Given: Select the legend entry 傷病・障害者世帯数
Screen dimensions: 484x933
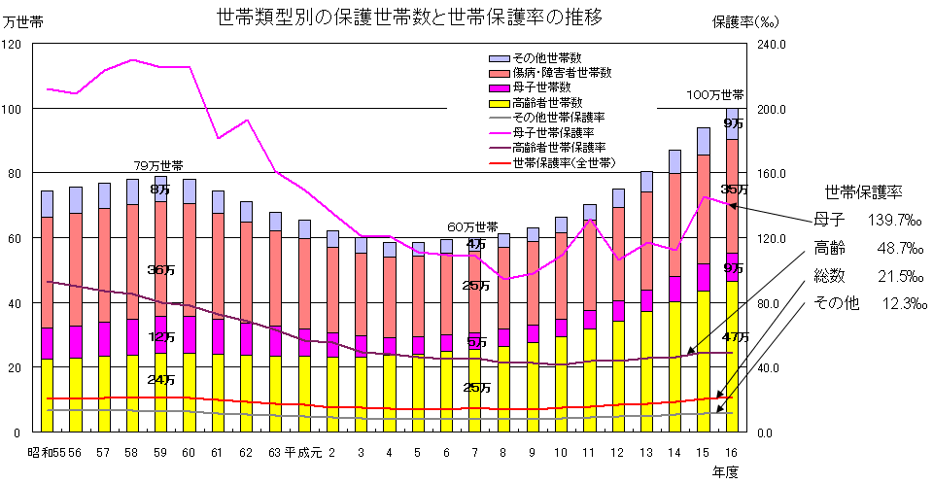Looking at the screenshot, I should [x=561, y=73].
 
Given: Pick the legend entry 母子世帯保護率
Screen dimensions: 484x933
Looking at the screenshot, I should [x=553, y=131].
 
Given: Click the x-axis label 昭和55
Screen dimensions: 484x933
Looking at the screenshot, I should [x=45, y=453].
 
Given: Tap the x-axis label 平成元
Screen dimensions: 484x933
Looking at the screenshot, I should [x=303, y=453].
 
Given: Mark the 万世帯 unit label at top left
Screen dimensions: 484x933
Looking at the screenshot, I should [x=23, y=20].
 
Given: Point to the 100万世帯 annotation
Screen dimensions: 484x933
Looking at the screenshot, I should [x=715, y=95].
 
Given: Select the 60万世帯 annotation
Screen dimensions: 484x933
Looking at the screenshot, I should [x=472, y=226].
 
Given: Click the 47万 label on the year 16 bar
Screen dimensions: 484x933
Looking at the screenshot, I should [x=736, y=337].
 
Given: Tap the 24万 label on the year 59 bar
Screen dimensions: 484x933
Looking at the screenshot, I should [x=160, y=379].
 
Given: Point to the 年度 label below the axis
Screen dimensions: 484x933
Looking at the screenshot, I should [x=725, y=471].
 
